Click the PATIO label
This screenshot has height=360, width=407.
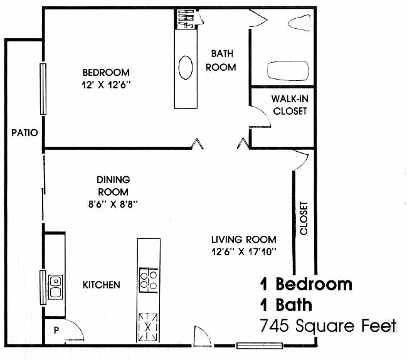[24, 132]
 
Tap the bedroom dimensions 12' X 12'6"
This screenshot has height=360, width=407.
[106, 85]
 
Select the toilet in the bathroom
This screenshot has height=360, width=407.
[299, 23]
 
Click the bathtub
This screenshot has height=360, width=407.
[288, 71]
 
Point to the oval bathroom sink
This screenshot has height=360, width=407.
[186, 68]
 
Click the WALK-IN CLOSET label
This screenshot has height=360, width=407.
[290, 105]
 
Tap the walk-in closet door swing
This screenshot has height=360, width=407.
[260, 117]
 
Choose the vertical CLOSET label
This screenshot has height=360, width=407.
[304, 218]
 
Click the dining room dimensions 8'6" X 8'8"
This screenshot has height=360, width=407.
[113, 204]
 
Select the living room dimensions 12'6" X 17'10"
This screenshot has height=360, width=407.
[244, 251]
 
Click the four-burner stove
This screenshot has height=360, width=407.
[149, 280]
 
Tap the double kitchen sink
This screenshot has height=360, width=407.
[55, 287]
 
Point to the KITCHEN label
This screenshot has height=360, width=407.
[101, 285]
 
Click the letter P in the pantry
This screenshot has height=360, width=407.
[56, 330]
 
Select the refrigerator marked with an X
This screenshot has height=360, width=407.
[148, 327]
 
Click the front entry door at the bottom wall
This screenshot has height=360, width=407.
[202, 336]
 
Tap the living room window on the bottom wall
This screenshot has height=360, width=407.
[259, 346]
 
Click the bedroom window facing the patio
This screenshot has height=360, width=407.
[43, 89]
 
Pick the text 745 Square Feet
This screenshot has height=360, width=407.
[329, 326]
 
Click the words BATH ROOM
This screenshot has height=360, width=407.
[221, 60]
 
